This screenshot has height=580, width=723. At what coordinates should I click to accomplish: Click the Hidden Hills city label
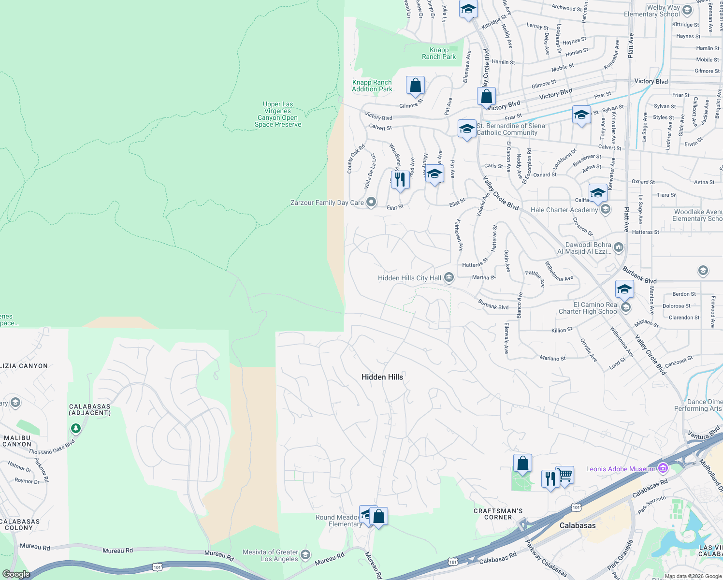pos(382,377)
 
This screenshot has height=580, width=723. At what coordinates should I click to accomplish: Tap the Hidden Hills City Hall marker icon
pos(449,277)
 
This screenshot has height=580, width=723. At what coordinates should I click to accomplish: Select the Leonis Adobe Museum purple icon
pos(663,468)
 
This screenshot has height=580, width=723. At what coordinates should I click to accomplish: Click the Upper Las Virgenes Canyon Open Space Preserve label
pos(278,115)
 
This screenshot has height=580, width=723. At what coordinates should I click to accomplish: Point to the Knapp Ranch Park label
pos(439,53)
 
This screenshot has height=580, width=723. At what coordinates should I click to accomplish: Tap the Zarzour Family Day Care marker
pos(371,202)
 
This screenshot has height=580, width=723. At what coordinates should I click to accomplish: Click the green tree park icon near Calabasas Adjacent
pos(75,428)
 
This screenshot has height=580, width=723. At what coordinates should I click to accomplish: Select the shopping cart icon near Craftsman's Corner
pos(565,475)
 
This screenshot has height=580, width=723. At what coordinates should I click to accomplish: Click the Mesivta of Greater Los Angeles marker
pos(305,554)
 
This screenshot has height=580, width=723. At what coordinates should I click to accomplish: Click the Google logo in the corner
pos(16,574)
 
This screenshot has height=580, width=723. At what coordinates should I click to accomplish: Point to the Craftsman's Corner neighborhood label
pos(498,514)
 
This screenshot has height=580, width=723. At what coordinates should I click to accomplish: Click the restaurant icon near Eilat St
pos(400,179)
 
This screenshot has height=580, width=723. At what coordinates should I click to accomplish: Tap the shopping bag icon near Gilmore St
pos(415,86)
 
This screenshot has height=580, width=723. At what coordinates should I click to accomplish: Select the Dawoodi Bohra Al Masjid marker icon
pos(618,247)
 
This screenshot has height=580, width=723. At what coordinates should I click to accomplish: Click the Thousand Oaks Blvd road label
pos(52,448)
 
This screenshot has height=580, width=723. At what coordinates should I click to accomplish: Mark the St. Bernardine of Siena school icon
pos(466,129)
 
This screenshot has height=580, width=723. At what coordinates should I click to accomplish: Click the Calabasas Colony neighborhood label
pos(19,524)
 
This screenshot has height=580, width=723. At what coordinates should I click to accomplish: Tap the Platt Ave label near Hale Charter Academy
pos(626,219)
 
